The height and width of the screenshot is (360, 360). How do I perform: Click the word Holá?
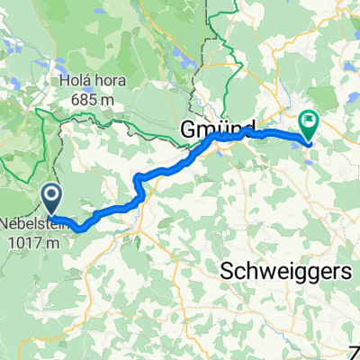click(75, 81)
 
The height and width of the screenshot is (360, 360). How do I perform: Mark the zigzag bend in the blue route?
click(139, 186)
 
